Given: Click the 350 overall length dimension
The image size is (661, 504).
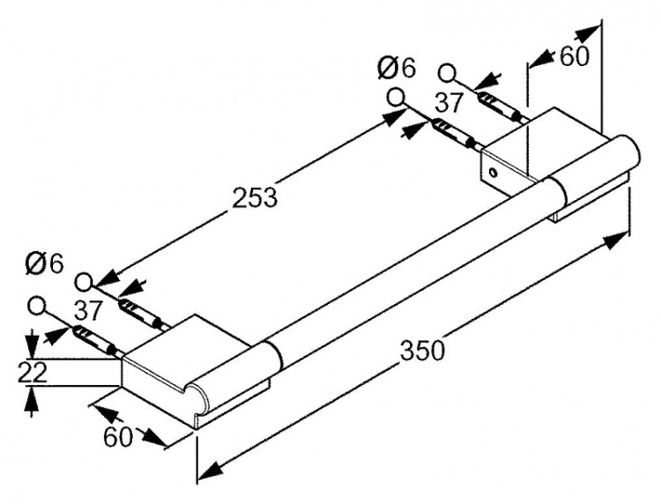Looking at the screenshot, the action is pos(422,350).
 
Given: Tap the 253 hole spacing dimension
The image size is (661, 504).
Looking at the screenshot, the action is pos(255,196).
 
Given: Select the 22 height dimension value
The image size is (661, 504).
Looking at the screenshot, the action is pos(32,374).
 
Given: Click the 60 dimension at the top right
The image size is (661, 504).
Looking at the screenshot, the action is pos(574,56).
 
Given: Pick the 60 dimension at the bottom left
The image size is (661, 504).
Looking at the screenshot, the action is pos(117,437).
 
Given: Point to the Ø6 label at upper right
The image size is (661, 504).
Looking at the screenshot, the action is pos(397,68).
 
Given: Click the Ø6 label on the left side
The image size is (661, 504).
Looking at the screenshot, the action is pos(44,263).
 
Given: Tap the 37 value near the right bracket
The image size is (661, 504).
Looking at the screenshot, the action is pos(449,103).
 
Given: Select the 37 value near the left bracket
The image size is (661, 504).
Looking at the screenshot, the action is pos(89,310).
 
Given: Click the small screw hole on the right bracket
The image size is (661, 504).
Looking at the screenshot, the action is pos(493,172).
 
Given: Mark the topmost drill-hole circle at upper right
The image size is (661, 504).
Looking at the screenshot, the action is pos(447,72).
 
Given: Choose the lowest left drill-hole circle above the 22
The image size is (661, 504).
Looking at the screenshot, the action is pos(37,305).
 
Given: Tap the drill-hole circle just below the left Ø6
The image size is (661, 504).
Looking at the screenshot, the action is pos(85,282).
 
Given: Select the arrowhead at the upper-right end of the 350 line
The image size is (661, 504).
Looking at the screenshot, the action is pos(616,241).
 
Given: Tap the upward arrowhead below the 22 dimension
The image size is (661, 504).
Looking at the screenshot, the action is pos(32,398).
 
